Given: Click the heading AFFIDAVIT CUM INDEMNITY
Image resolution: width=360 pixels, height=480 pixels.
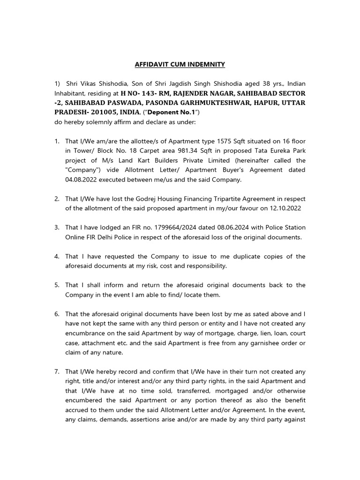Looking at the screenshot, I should click(180, 64).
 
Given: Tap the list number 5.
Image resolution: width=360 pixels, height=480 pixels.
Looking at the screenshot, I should click(57, 285).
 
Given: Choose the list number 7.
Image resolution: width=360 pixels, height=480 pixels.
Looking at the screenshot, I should click(57, 371).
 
